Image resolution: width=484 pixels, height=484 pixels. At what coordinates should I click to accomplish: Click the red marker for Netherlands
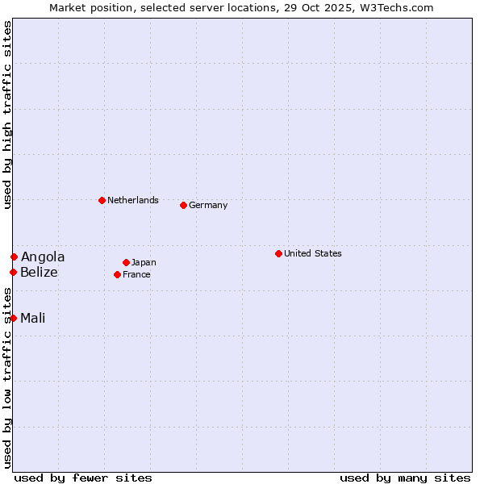pos(102,200)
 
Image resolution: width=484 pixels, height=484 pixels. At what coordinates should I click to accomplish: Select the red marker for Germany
pos(183,205)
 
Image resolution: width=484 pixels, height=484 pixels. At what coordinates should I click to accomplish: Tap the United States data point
pos(278,253)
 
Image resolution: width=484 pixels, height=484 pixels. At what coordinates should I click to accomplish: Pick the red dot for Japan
pos(126,262)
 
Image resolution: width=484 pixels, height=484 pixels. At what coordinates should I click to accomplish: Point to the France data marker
pos(117,274)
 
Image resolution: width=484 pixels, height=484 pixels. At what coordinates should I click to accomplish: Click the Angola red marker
pos(14,257)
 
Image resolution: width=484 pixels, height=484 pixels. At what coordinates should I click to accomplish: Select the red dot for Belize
pos(13,272)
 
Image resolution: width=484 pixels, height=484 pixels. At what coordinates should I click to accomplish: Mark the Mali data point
pos(13,318)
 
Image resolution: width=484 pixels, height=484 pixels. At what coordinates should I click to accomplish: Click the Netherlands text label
pos(132,200)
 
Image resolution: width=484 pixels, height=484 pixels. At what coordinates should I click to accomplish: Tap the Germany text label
pos(208,205)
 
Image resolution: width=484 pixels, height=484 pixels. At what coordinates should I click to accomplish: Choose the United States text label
pos(312,253)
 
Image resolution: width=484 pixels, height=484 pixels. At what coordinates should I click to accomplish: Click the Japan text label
pos(144,262)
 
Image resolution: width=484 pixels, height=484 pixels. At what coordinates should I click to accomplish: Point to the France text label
pos(136,274)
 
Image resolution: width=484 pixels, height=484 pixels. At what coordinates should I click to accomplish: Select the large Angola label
pos(43,257)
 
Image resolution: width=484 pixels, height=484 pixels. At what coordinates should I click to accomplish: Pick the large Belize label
pos(39,272)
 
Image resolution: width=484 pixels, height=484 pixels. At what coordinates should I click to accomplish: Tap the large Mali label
pos(32,318)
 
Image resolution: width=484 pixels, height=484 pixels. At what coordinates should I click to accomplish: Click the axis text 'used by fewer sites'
pos(83,478)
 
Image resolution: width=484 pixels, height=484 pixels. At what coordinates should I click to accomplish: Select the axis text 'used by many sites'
pos(405,478)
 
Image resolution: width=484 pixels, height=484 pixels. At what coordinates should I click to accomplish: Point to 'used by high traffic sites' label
pos(7,115)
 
